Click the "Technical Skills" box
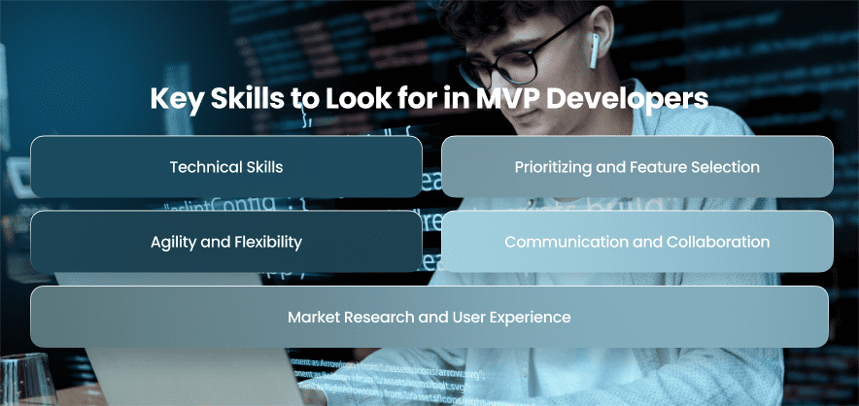(x=226, y=166)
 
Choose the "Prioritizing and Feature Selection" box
(x=637, y=166)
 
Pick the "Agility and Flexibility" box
(x=226, y=242)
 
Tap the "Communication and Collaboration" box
(x=637, y=242)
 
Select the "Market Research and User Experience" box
(x=429, y=317)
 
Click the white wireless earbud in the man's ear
(x=595, y=51)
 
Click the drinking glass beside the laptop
(x=27, y=380)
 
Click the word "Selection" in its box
(x=731, y=166)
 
